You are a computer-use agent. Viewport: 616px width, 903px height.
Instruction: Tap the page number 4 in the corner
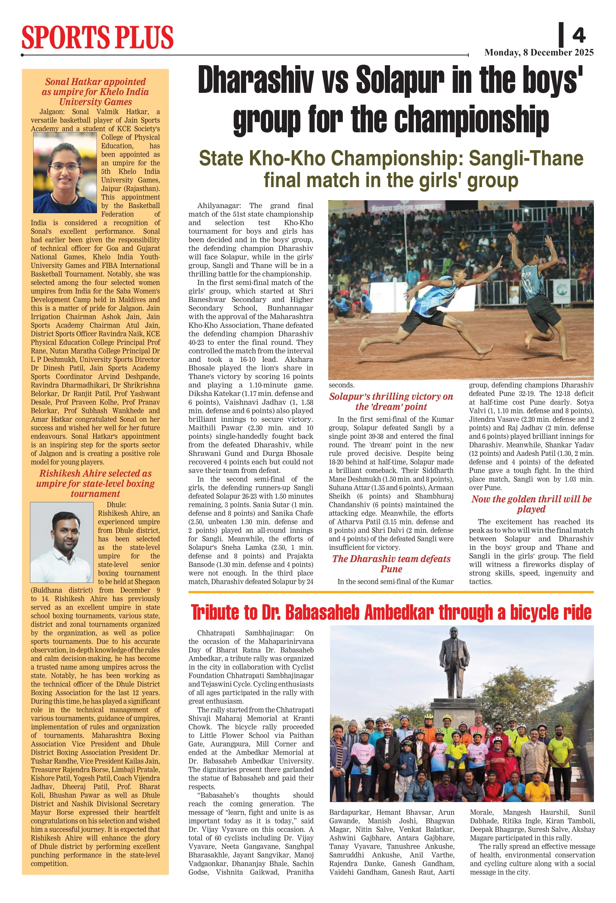(x=578, y=35)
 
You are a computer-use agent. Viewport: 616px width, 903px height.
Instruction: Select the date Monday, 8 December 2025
(x=539, y=53)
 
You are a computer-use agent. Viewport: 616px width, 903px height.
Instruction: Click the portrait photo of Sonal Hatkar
(x=65, y=173)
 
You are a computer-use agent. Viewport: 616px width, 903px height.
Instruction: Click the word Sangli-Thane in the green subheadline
(x=526, y=158)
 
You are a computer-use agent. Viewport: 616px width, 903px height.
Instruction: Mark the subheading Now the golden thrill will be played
(x=531, y=504)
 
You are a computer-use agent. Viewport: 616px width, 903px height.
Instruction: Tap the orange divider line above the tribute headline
(x=391, y=592)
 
